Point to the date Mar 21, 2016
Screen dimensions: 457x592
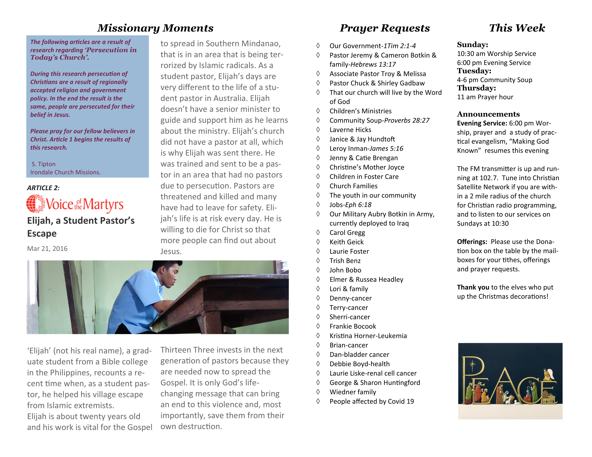(x=47, y=249)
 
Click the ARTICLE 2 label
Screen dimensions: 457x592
(x=43, y=188)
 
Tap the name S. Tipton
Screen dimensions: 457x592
(x=43, y=164)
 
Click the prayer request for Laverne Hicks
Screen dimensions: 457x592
(x=350, y=130)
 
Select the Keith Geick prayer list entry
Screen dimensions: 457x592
(x=346, y=242)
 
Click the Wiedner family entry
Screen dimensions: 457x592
(x=353, y=392)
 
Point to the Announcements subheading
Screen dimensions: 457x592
(x=488, y=114)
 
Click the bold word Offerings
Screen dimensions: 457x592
(x=472, y=242)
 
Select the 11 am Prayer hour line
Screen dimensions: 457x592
(x=485, y=97)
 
